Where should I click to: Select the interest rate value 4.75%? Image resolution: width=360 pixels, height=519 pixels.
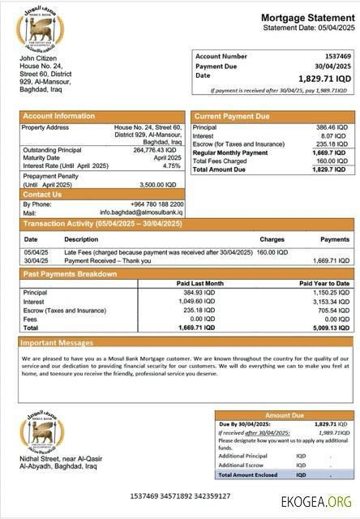(x=171, y=165)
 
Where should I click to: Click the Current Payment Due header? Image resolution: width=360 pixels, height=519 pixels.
(x=232, y=116)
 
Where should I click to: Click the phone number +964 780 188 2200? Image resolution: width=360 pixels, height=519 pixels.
(x=156, y=204)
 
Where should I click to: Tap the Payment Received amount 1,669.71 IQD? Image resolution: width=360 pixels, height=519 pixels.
(x=330, y=260)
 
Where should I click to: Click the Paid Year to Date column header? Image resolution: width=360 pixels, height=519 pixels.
(x=324, y=283)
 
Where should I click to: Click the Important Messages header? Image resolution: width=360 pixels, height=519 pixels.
(x=58, y=342)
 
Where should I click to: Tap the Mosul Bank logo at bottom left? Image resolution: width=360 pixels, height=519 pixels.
(x=41, y=432)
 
